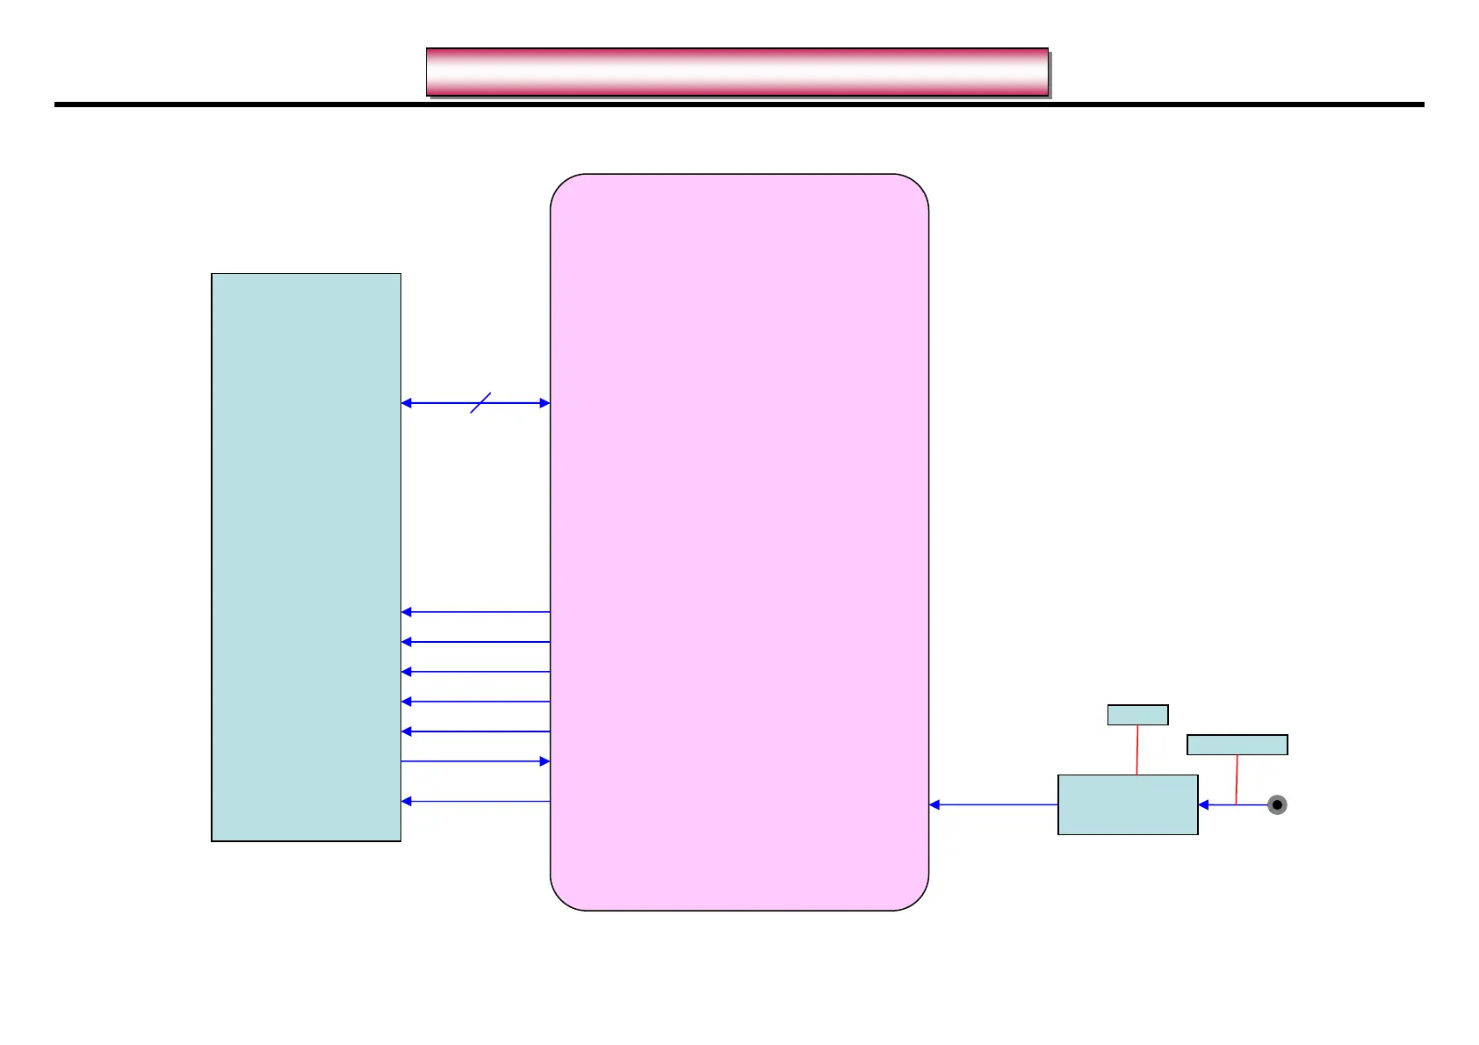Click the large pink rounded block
coord(739,542)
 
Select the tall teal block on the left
coord(306,557)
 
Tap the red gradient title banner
coord(737,72)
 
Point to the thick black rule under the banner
coord(739,104)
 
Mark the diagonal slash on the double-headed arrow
coord(480,402)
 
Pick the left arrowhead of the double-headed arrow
coord(407,403)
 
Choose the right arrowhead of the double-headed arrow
coord(545,403)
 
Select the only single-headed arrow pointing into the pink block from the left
coord(475,761)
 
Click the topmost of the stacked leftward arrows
coord(475,612)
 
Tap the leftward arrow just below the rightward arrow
coord(475,801)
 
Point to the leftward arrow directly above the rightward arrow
coord(475,731)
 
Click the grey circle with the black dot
coord(1277,804)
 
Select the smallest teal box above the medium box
coord(1137,715)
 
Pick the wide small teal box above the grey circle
coord(1237,745)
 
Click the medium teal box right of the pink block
coord(1128,804)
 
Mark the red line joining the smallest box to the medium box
coord(1137,750)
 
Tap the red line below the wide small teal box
coord(1237,779)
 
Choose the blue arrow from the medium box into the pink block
coord(993,804)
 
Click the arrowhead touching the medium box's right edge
coord(1203,804)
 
